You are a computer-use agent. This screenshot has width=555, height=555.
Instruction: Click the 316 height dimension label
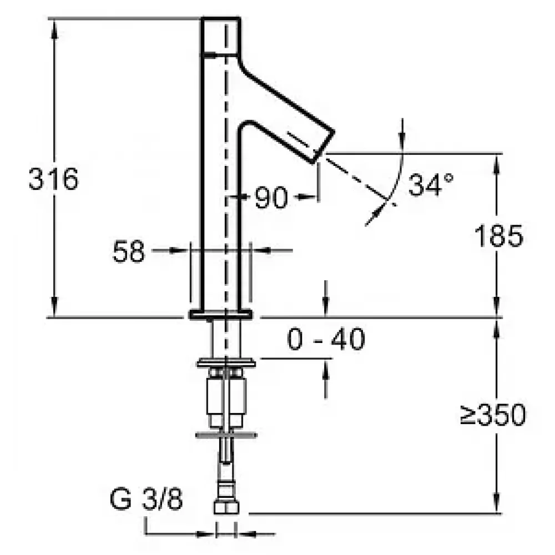click(53, 179)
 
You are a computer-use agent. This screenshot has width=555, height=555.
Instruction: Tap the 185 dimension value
click(498, 236)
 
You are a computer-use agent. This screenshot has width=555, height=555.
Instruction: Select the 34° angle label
click(431, 184)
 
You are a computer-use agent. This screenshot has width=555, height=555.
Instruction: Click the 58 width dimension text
click(129, 251)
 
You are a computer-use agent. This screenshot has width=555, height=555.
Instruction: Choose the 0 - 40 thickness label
click(326, 339)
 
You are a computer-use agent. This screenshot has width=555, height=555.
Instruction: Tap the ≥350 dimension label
click(493, 415)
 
